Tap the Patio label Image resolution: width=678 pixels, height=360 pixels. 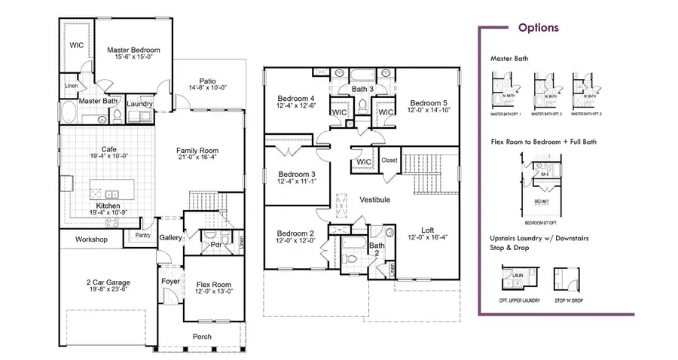209,81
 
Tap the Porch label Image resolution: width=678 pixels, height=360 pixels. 201,336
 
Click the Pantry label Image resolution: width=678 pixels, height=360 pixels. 143,236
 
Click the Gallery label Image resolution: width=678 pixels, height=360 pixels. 171,238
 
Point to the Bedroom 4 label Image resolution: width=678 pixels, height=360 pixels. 296,99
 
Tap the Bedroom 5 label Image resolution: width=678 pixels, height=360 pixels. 428,102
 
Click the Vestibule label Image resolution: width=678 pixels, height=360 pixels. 374,200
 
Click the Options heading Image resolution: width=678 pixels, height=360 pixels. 538,29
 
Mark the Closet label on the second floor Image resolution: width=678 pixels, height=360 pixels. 389,160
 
